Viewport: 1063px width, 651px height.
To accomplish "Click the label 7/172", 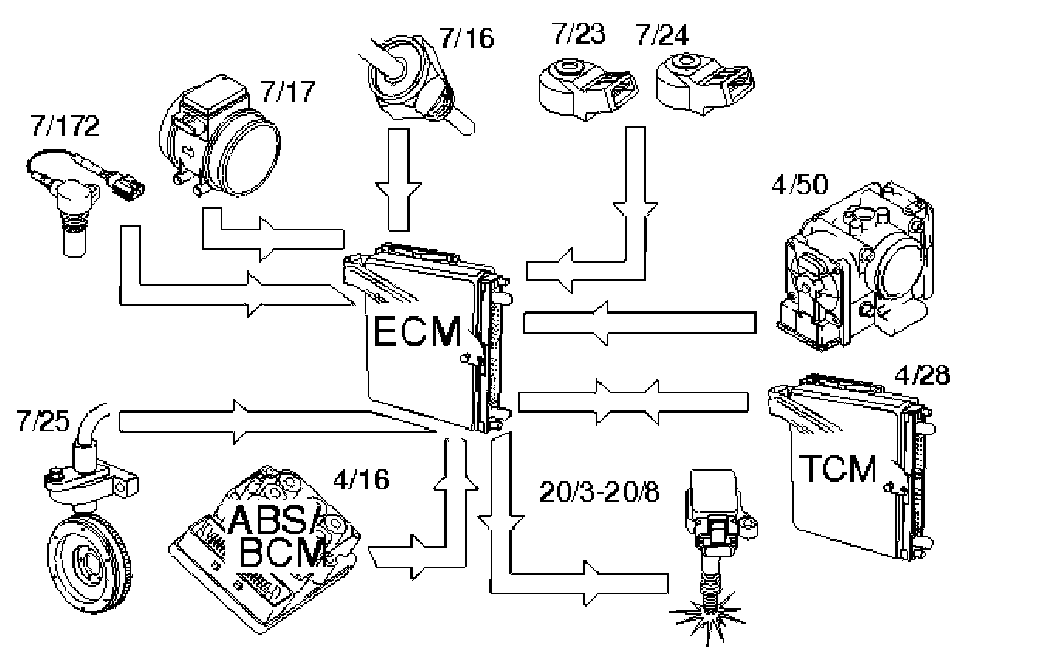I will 65,126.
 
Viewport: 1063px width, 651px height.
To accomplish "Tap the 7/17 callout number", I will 288,92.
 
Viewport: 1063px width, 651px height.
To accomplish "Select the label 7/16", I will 467,38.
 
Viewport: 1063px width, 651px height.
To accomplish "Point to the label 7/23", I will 578,34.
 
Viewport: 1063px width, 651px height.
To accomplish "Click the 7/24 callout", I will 661,34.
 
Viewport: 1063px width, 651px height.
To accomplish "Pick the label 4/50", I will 799,184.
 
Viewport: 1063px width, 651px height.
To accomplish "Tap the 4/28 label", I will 921,374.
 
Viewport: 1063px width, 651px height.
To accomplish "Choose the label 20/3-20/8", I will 599,492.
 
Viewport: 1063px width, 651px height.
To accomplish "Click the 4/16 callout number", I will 361,480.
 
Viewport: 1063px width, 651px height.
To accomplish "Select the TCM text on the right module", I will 839,469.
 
